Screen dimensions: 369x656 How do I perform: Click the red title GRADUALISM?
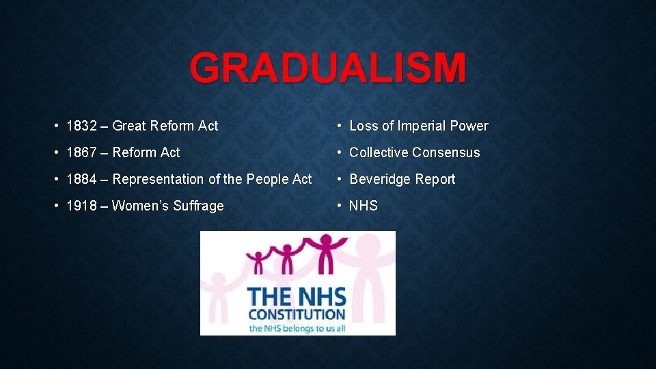click(328, 69)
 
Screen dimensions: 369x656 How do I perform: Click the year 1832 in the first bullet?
click(81, 126)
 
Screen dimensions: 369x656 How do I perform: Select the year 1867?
click(81, 152)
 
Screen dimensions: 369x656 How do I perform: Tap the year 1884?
click(81, 179)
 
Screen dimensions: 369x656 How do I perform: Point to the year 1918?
click(81, 206)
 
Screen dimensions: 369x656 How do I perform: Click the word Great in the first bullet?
click(129, 126)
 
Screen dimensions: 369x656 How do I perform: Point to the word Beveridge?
click(379, 179)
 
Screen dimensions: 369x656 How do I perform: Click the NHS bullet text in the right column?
click(364, 206)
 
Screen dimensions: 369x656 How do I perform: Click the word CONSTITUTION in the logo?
click(297, 315)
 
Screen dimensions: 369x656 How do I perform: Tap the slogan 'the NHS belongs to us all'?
click(297, 329)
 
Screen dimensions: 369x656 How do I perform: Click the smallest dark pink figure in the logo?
click(258, 262)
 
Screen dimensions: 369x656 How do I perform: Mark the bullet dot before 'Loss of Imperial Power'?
click(339, 126)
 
